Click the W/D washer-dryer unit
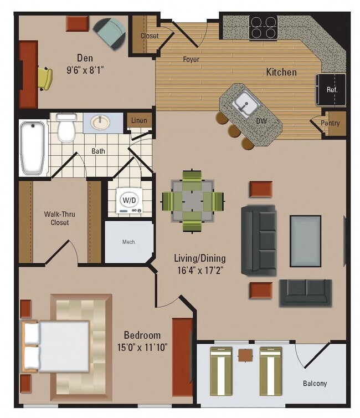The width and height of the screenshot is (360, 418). tap(128, 201)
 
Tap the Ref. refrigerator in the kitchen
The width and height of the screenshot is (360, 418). tap(331, 90)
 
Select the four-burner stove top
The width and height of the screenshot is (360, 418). tap(263, 27)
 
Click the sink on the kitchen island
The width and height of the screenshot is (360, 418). tap(243, 103)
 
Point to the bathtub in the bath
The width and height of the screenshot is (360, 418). tap(33, 148)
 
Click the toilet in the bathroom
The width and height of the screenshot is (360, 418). tap(66, 128)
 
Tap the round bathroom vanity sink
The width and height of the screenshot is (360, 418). tap(101, 123)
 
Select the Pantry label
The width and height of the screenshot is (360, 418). tap(331, 123)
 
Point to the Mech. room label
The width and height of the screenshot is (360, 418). tap(129, 242)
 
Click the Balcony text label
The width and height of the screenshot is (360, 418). tap(315, 383)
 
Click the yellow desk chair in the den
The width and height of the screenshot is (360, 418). tap(45, 78)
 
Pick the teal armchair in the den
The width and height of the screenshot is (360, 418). tap(110, 32)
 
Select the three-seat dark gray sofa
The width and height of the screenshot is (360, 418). tap(258, 239)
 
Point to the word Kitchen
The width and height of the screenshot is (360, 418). tap(281, 72)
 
